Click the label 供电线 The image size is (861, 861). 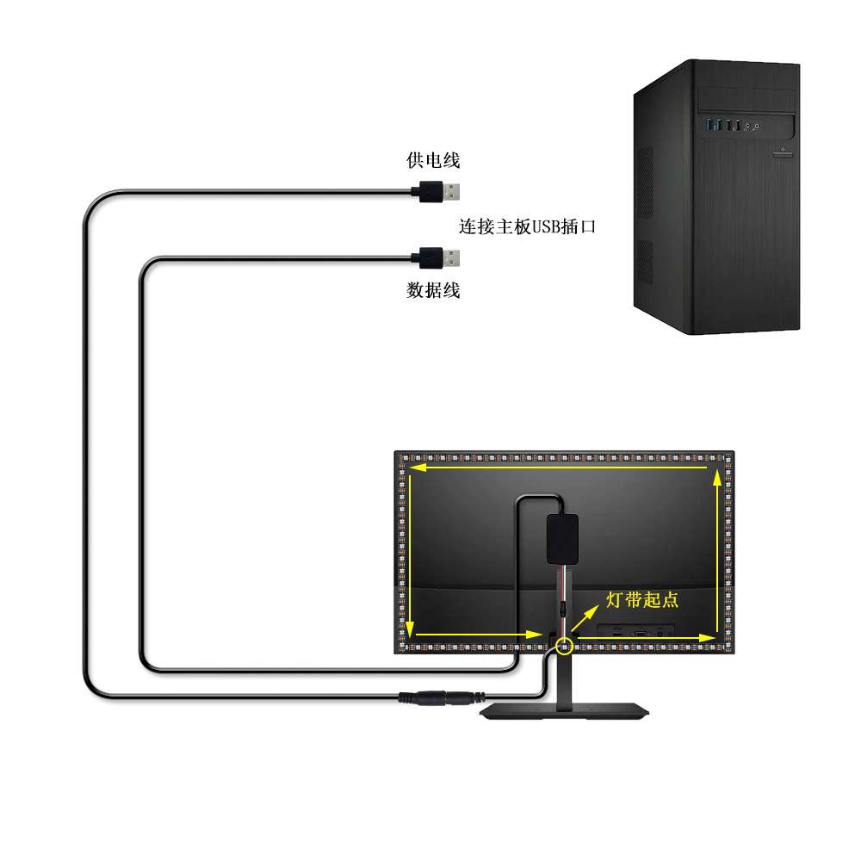433,160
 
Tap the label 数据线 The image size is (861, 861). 433,290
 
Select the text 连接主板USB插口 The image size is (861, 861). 527,227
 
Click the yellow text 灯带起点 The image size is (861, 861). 642,600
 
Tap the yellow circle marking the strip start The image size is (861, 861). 564,643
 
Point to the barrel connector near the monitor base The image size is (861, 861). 438,698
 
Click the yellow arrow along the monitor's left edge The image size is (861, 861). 411,551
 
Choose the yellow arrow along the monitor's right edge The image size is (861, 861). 718,551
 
